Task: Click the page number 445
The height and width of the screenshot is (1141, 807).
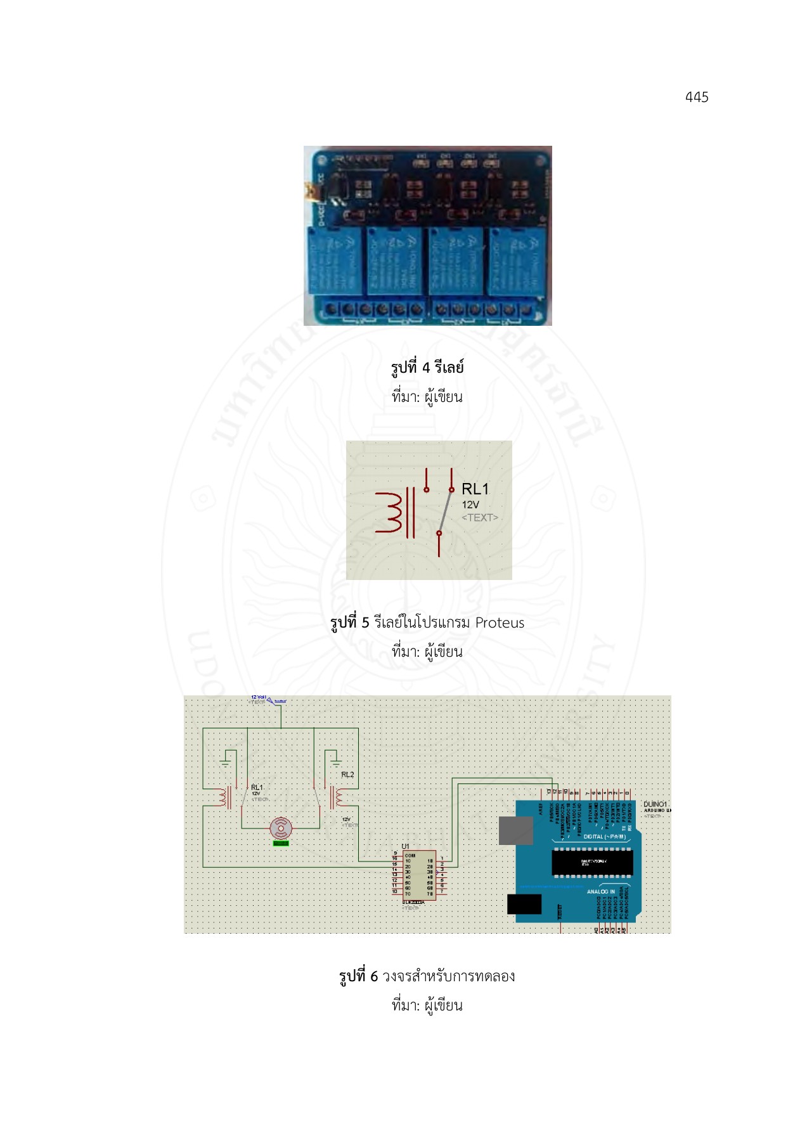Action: [x=696, y=97]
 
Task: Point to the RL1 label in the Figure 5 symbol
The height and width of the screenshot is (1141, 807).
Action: [x=475, y=489]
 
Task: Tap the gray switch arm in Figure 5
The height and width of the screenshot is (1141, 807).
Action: [x=445, y=511]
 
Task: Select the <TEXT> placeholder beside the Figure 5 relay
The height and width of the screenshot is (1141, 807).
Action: [x=479, y=518]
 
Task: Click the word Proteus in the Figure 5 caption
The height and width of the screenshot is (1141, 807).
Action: [x=500, y=622]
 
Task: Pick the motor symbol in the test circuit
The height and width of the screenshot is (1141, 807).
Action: [x=281, y=828]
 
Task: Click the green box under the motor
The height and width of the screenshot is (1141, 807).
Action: [x=281, y=843]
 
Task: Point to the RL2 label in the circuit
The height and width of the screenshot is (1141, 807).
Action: [x=347, y=775]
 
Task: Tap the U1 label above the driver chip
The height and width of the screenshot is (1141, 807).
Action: [x=406, y=846]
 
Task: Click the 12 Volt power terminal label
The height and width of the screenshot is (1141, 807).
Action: [x=259, y=697]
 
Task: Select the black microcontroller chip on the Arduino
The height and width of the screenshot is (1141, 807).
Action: [x=592, y=862]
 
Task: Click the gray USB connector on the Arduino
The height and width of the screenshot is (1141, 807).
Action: [x=515, y=830]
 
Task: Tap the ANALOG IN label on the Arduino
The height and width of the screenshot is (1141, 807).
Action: [x=600, y=891]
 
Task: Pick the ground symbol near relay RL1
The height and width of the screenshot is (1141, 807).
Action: [x=225, y=763]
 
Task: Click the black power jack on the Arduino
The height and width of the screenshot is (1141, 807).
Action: [x=524, y=904]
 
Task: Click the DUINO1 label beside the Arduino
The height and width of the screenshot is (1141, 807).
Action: [x=655, y=804]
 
